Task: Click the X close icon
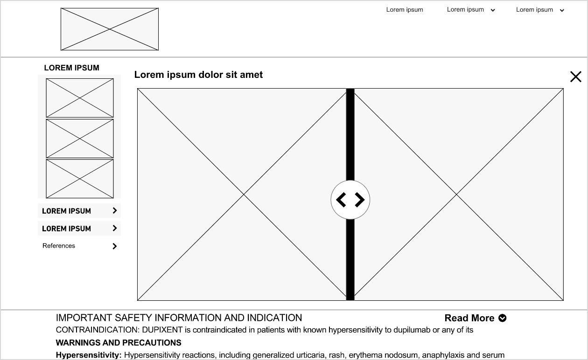575,77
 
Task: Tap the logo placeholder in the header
110,29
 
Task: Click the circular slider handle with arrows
350,200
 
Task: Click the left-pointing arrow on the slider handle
342,200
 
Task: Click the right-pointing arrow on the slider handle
359,200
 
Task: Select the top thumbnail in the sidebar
80,98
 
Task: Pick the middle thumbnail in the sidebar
80,138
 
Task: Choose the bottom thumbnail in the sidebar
80,179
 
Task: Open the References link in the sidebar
59,246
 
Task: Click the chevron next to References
115,246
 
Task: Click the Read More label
469,318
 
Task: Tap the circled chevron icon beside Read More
503,318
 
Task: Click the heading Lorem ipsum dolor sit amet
198,75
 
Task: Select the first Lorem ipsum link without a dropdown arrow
405,10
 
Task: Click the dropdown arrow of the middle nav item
493,10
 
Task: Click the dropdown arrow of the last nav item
562,10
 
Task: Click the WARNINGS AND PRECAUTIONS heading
119,343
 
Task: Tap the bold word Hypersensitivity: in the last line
89,355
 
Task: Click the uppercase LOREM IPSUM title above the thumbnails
71,68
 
